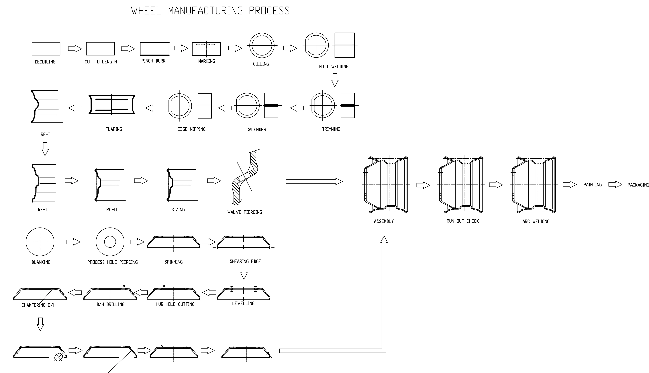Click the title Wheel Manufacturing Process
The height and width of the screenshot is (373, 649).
point(211,11)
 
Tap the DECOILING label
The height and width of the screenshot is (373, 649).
point(45,62)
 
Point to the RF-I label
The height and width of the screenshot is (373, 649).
point(45,134)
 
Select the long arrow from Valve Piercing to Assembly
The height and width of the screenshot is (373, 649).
point(314,181)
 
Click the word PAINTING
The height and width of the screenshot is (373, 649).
point(593,185)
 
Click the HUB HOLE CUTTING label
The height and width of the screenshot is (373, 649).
point(175,304)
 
